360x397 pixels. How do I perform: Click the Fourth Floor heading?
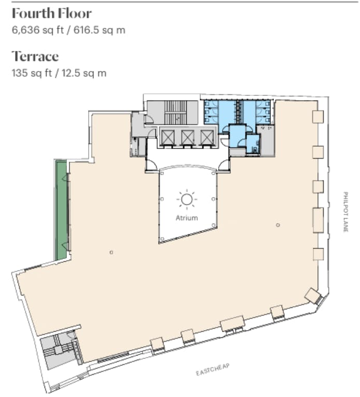coord(52,13)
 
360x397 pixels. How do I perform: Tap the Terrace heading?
coord(35,56)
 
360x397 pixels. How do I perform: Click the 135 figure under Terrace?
coord(20,73)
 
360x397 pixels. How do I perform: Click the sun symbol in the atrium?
coord(187,200)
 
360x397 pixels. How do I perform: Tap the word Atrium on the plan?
coord(187,218)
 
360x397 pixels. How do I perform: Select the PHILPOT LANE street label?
coord(345,212)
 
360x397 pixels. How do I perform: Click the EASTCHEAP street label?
coord(213,370)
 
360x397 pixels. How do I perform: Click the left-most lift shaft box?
coord(168,137)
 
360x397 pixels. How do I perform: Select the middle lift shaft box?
coord(188,137)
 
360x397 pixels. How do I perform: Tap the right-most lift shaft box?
coord(207,137)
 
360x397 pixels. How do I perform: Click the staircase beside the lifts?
coord(175,112)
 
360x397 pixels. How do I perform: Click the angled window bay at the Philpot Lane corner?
coord(314,296)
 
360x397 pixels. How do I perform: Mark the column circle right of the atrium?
coord(278,225)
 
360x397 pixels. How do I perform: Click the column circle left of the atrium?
coord(111,252)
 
